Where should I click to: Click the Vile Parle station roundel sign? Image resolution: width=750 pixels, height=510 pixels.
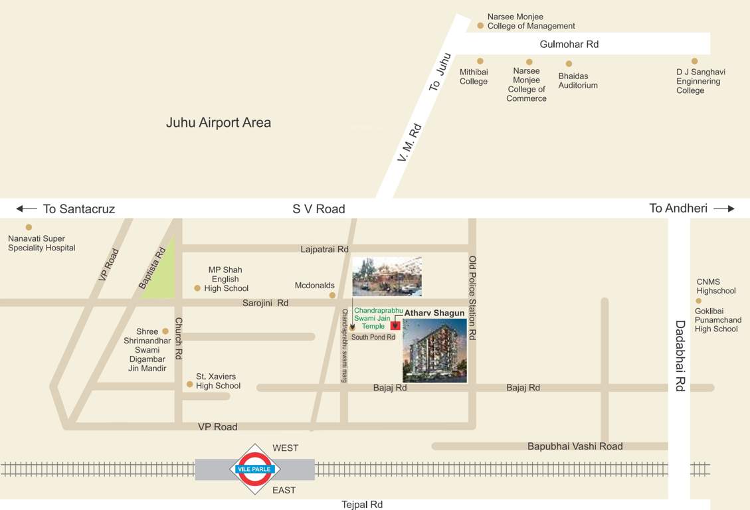pyautogui.click(x=254, y=469)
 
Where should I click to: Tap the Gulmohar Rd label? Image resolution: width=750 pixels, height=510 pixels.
pyautogui.click(x=569, y=44)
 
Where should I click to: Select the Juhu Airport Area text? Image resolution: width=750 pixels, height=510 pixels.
pyautogui.click(x=219, y=123)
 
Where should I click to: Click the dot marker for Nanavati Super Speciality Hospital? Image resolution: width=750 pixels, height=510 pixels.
pyautogui.click(x=29, y=227)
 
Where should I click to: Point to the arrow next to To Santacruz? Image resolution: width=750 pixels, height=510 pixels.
pyautogui.click(x=27, y=209)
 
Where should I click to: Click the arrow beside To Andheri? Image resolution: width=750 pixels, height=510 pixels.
pyautogui.click(x=724, y=209)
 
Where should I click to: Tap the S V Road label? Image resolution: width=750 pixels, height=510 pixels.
pyautogui.click(x=319, y=209)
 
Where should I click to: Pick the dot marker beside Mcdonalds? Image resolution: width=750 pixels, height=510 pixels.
pyautogui.click(x=332, y=295)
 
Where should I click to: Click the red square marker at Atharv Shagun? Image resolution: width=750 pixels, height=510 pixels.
pyautogui.click(x=395, y=325)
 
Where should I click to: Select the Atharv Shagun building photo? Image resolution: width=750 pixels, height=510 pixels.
pyautogui.click(x=434, y=351)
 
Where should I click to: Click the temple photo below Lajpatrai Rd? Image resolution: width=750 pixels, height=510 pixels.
pyautogui.click(x=387, y=276)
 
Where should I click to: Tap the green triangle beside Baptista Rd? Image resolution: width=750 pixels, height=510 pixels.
pyautogui.click(x=161, y=276)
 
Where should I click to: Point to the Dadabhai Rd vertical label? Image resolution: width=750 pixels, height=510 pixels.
pyautogui.click(x=680, y=356)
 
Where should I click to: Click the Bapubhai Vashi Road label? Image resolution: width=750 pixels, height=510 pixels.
pyautogui.click(x=575, y=446)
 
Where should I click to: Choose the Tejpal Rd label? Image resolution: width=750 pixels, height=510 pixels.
pyautogui.click(x=362, y=505)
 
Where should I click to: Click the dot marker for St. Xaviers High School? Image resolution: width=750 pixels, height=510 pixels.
pyautogui.click(x=190, y=384)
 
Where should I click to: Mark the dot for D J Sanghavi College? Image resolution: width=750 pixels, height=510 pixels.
pyautogui.click(x=694, y=61)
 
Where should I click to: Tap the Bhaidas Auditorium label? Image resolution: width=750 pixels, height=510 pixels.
pyautogui.click(x=578, y=80)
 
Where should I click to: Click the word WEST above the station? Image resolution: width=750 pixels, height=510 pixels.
pyautogui.click(x=286, y=448)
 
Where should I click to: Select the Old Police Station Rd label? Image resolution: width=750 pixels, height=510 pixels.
pyautogui.click(x=473, y=297)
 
